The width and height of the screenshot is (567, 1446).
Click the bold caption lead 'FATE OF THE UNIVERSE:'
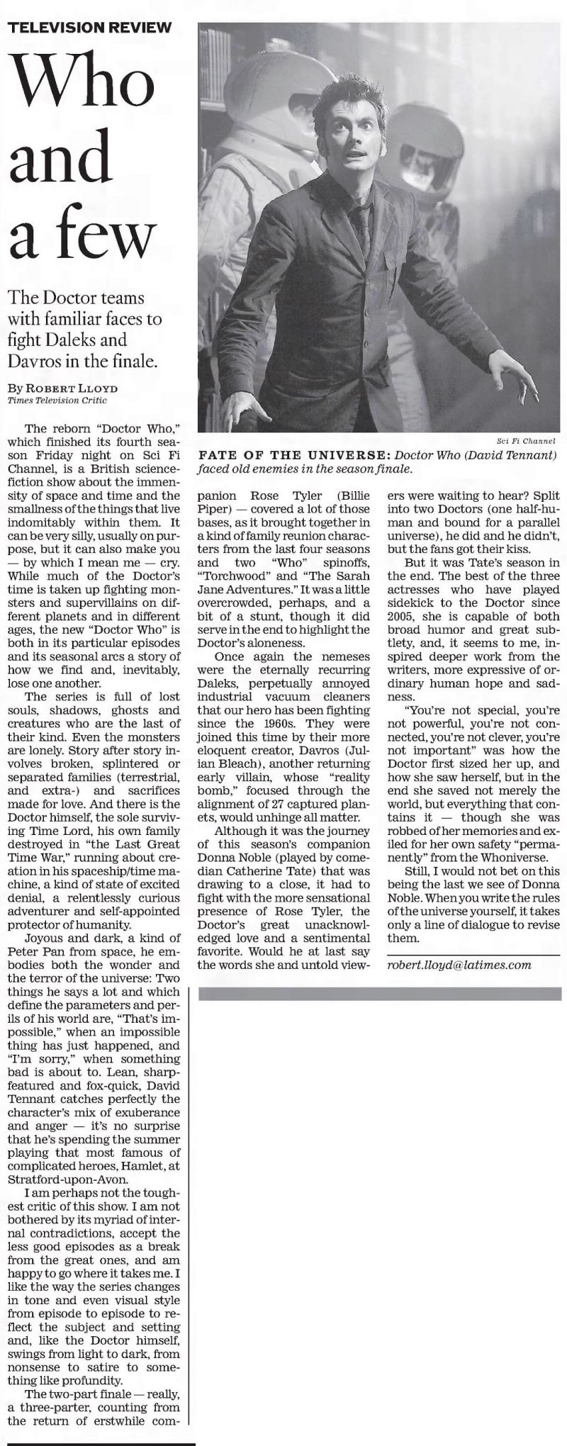[294, 454]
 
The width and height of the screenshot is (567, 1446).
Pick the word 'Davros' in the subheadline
[32, 361]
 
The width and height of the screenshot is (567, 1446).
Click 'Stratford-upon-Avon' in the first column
[69, 1179]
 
